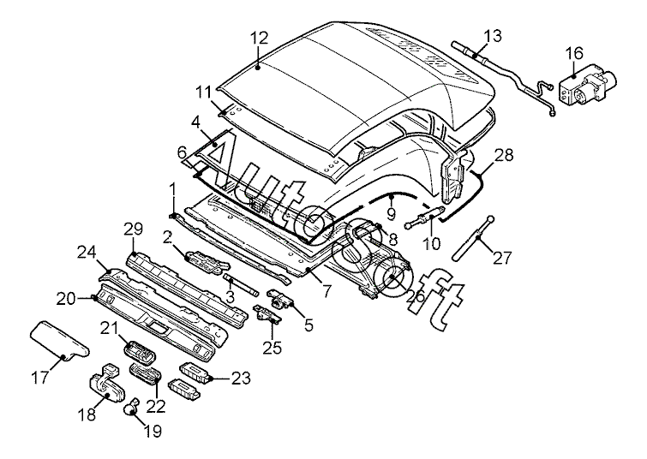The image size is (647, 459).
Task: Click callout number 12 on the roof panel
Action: click(x=260, y=39)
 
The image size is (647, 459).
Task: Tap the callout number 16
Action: click(x=574, y=53)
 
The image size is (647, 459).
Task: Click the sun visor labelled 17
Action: click(x=59, y=339)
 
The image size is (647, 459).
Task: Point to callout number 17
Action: click(x=41, y=378)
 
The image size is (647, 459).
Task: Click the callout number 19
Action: click(x=153, y=432)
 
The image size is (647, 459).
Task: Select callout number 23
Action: click(x=241, y=378)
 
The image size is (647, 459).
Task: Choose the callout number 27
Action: click(x=502, y=258)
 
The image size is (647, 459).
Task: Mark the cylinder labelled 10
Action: click(x=425, y=218)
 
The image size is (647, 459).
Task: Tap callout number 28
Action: click(x=504, y=156)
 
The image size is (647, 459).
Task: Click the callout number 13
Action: click(x=493, y=36)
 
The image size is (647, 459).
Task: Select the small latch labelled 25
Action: click(x=267, y=314)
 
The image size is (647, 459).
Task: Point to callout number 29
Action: click(x=133, y=229)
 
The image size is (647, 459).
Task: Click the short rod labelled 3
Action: click(x=241, y=284)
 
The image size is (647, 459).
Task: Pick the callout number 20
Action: click(x=67, y=298)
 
